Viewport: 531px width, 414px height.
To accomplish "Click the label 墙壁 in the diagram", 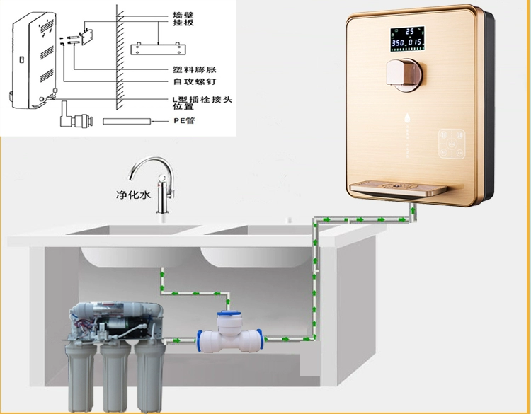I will point(183,13).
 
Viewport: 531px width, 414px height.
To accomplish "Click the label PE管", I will point(186,122).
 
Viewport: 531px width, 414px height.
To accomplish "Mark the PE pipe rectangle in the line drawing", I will point(128,122).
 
